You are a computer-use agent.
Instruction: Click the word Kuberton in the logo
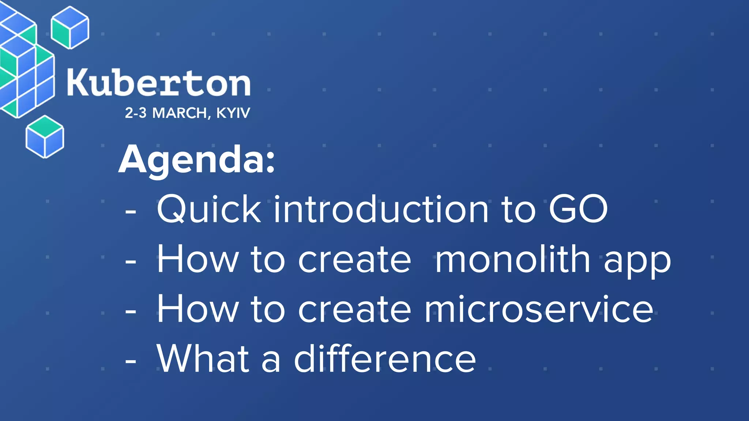click(x=158, y=83)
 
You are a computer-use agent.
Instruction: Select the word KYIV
click(x=233, y=113)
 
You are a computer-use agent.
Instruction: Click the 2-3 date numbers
click(x=136, y=113)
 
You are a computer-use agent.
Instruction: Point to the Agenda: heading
click(x=197, y=160)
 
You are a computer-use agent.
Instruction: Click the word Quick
click(x=209, y=209)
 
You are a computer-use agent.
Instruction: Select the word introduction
click(x=381, y=209)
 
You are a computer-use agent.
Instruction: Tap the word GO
click(x=578, y=209)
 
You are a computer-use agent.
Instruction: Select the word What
click(x=203, y=359)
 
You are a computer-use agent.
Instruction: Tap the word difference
click(x=385, y=359)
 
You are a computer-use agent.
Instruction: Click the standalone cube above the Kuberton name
click(x=70, y=27)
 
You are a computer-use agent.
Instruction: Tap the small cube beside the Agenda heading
click(x=45, y=137)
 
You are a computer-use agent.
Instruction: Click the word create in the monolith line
click(x=354, y=259)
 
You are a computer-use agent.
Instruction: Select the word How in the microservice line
click(x=197, y=310)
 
